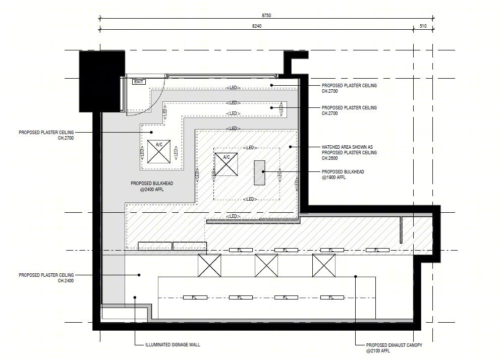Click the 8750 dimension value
click(266, 16)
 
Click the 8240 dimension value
click(257, 26)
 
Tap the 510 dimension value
click(423, 26)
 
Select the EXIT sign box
click(139, 82)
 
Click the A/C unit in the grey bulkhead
click(159, 152)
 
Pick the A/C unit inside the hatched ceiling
click(226, 164)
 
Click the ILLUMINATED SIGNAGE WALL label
click(173, 345)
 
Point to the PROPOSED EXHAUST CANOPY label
click(394, 345)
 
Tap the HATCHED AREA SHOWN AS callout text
click(348, 147)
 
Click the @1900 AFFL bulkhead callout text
click(333, 177)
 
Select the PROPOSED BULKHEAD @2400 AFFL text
click(152, 187)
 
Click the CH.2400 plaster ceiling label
click(66, 281)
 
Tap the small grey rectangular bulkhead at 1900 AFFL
click(259, 173)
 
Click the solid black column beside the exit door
click(102, 81)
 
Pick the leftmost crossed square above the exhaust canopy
click(209, 265)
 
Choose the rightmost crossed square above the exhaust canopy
click(324, 265)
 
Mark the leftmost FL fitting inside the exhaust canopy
click(195, 298)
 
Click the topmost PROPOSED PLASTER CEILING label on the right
click(349, 86)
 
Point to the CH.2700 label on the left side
click(66, 138)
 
